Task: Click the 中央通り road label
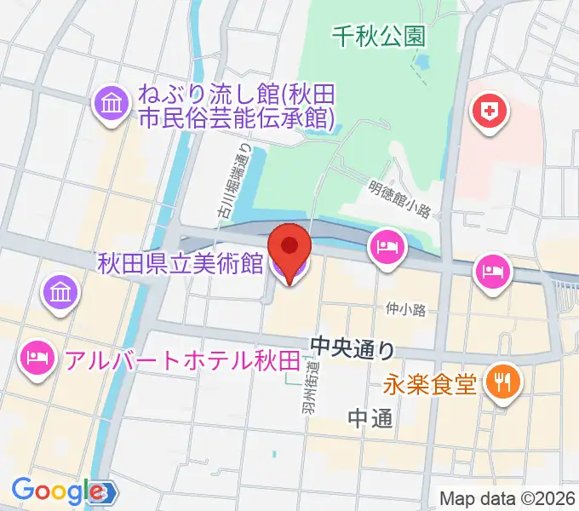[x=353, y=347]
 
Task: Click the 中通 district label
[x=371, y=418]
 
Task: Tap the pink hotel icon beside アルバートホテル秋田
[x=36, y=353]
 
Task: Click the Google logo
[x=57, y=491]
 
